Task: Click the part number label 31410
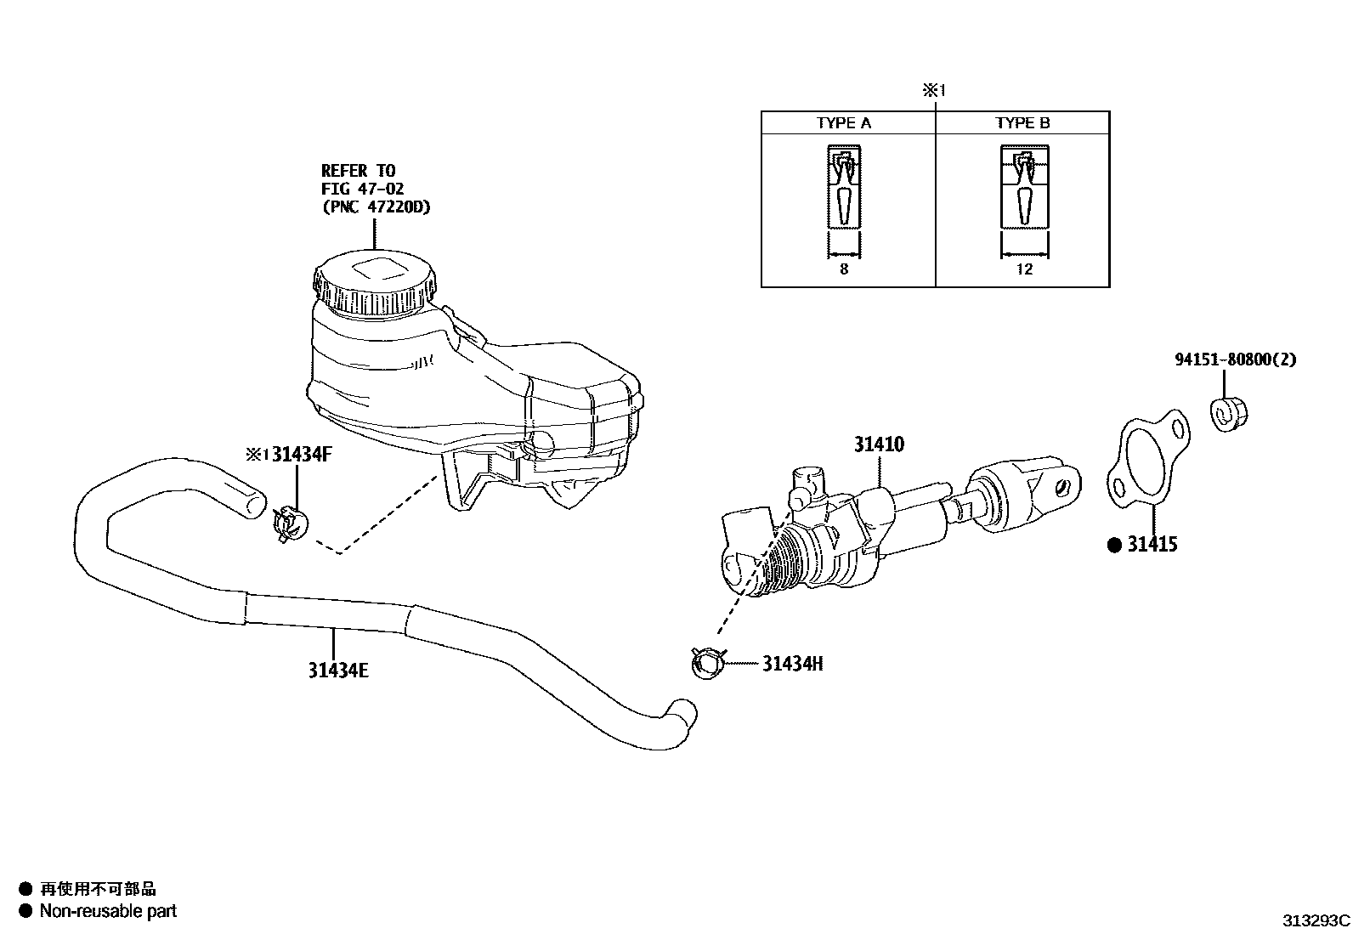(879, 444)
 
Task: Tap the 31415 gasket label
(1152, 545)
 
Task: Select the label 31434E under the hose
(338, 671)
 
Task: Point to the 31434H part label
(792, 664)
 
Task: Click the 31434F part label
(302, 455)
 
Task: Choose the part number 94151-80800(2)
(1236, 359)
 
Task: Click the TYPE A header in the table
(844, 123)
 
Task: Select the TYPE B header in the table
(1022, 123)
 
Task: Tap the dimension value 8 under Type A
(844, 269)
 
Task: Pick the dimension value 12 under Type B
(1024, 269)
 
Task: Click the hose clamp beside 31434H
(707, 662)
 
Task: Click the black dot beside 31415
(1115, 546)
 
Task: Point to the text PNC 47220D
(376, 207)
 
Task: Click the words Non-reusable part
(108, 911)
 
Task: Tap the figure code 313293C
(1316, 920)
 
